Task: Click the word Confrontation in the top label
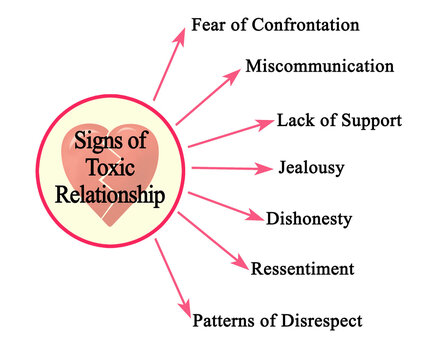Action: [304, 24]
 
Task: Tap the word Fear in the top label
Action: [209, 24]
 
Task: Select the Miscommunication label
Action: [319, 68]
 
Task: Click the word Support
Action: [367, 121]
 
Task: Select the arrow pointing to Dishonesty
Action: [224, 203]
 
